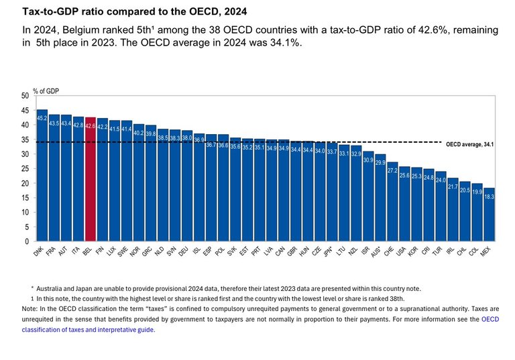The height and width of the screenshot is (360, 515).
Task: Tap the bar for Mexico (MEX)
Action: [490, 214]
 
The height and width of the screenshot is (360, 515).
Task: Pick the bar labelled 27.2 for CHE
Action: [392, 201]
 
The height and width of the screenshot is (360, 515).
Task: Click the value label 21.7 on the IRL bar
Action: [453, 187]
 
